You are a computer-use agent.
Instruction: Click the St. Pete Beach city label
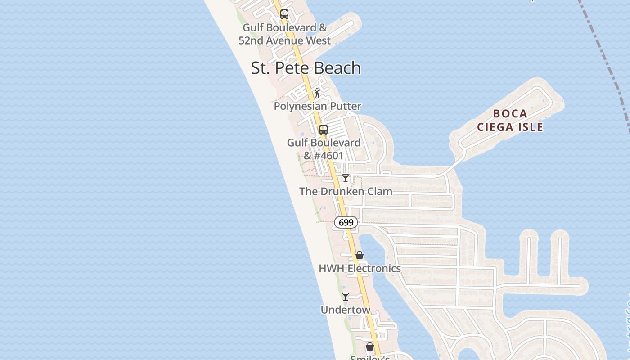[306, 68]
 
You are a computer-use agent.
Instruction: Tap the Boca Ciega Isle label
[510, 120]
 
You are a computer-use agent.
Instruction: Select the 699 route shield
[346, 222]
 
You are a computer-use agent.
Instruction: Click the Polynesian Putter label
[318, 106]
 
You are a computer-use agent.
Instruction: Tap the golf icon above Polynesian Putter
[318, 93]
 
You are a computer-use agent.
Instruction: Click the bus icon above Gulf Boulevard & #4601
[323, 130]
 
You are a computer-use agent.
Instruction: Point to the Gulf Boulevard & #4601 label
[324, 149]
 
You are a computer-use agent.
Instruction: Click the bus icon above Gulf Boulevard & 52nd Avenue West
[284, 14]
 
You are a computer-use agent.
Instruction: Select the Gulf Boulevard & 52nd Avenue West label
[284, 34]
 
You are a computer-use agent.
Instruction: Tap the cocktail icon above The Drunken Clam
[345, 178]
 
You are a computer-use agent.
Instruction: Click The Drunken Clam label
[346, 191]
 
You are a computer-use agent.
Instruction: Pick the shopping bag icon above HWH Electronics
[359, 255]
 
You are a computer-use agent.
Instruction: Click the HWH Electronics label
[360, 268]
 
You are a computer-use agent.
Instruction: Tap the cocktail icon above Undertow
[345, 297]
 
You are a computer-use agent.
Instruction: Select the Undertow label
[345, 310]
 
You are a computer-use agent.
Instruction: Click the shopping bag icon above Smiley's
[369, 346]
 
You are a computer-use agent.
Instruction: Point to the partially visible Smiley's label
[370, 357]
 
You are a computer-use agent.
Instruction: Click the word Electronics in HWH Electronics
[374, 268]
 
